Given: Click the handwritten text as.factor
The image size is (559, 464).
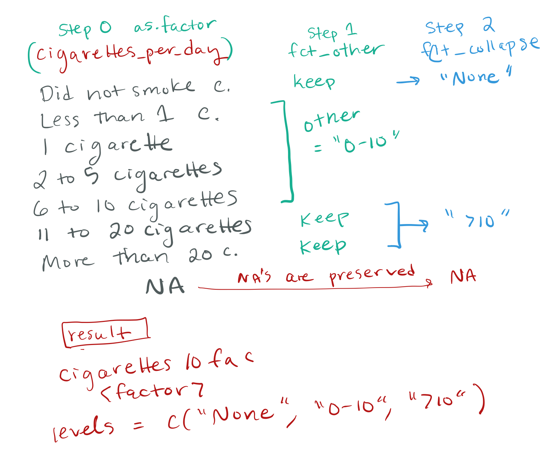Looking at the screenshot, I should pyautogui.click(x=175, y=25).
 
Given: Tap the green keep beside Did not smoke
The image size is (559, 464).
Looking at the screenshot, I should pyautogui.click(x=314, y=82).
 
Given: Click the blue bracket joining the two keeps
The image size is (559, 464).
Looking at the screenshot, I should pyautogui.click(x=398, y=225).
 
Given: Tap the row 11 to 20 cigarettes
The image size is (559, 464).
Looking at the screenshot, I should pyautogui.click(x=145, y=230).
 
